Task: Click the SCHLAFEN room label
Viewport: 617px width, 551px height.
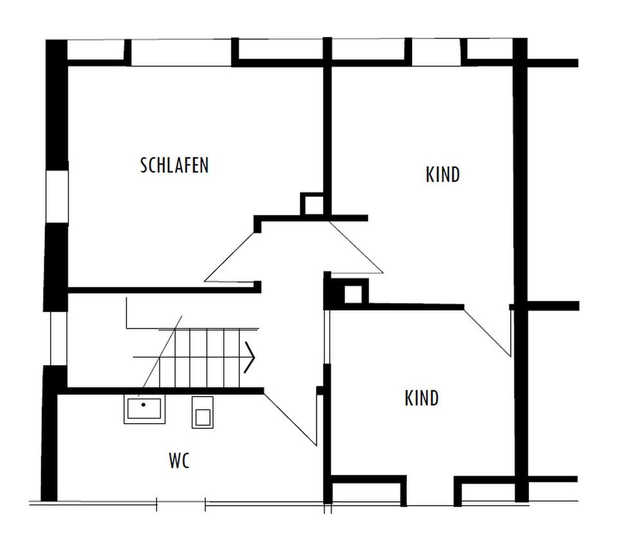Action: pos(174,165)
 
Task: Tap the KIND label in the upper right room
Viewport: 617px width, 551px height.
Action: pos(443,175)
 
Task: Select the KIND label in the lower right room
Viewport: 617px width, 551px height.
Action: pos(422,398)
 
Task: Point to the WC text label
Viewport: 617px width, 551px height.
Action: pos(179,460)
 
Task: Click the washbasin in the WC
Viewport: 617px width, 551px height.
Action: pos(145,410)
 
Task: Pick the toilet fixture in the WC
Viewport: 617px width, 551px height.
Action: pos(202,412)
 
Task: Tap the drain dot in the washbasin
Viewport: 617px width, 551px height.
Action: pos(143,404)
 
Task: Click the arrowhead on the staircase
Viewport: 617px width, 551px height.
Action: pos(250,357)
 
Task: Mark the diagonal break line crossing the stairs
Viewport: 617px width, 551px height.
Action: pos(160,356)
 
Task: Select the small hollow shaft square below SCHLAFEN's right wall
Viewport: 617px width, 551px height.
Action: pos(312,204)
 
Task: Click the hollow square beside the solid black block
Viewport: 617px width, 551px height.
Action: pos(353,294)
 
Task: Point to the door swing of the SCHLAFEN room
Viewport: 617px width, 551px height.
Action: pos(229,257)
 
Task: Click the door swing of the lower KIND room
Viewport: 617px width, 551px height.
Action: pos(488,332)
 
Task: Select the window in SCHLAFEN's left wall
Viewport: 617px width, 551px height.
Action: pos(57,197)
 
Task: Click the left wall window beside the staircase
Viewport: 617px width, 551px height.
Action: pos(58,339)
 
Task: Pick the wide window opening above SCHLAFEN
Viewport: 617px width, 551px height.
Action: pos(181,52)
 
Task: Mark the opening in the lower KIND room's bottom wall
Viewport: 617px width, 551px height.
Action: pos(430,490)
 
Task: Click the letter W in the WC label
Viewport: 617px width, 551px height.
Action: pos(174,460)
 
